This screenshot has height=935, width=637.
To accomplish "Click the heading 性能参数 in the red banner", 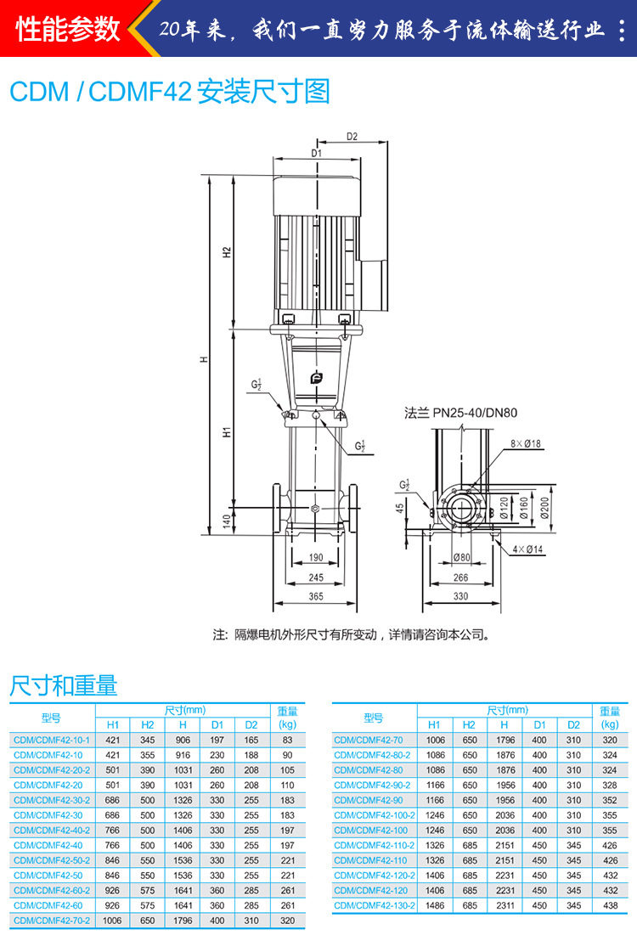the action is tap(68, 29).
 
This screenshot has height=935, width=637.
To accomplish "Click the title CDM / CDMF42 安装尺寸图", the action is tap(170, 92).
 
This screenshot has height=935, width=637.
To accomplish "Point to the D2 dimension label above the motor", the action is tap(352, 137).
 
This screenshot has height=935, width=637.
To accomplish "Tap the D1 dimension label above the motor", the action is tap(316, 153).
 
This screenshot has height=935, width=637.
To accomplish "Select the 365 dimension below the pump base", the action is tap(316, 596).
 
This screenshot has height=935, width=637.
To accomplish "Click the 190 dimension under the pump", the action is tap(316, 558).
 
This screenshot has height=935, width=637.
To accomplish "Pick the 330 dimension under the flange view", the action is tap(461, 595).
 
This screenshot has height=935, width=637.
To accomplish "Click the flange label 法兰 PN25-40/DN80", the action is tap(460, 413).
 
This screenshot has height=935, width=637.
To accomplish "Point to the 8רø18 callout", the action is tap(526, 443).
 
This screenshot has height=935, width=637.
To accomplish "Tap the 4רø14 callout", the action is tap(527, 549).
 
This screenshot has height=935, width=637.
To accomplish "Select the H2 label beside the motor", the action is tap(227, 252).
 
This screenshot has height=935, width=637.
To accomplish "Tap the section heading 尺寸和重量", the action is tap(63, 685).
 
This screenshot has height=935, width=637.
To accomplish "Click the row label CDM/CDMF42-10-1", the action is tap(52, 740).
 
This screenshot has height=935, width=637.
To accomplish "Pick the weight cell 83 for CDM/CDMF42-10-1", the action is tap(287, 740).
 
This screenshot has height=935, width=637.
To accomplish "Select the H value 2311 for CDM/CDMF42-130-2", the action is tap(505, 905).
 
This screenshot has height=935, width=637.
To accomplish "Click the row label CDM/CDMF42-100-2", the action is tap(375, 815).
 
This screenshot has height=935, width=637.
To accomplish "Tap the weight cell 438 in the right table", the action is tap(610, 905).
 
